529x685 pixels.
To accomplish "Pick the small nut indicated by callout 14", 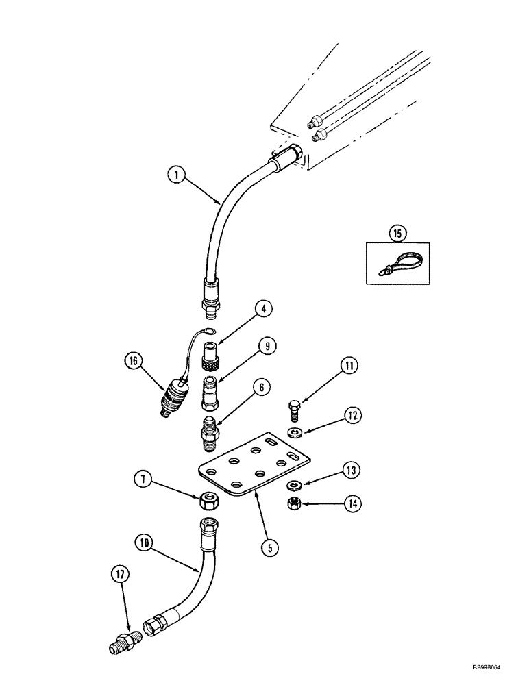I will coord(291,504).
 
